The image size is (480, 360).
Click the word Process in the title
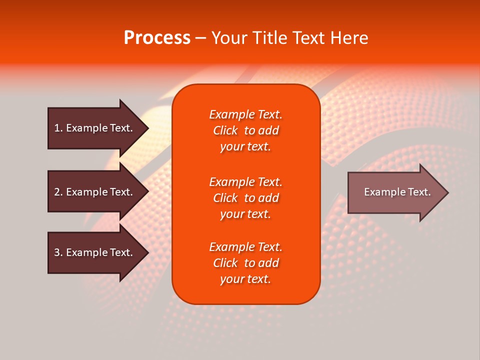coord(157,38)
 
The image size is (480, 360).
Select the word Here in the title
coord(350,38)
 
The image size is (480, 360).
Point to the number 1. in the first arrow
coord(58,128)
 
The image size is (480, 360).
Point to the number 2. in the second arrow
coord(58,192)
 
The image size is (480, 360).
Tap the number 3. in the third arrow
coord(58,252)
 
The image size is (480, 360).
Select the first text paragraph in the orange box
coord(245,130)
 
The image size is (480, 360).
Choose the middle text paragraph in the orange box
coord(245,198)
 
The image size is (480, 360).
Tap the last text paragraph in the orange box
coord(245,263)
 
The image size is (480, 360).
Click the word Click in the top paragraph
coord(225,130)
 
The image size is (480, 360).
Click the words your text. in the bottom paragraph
coord(245,279)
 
